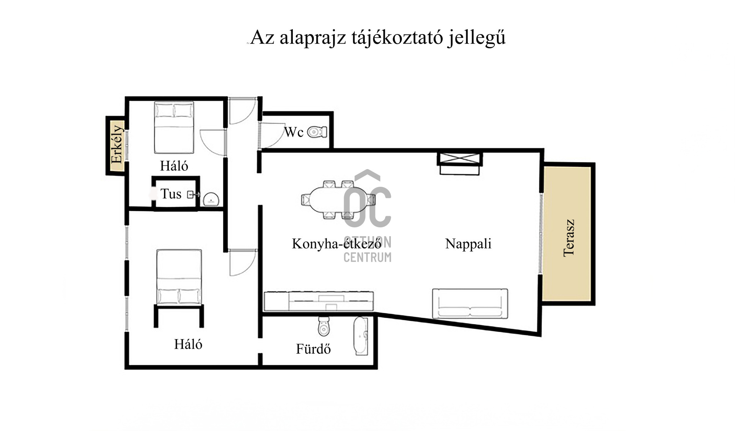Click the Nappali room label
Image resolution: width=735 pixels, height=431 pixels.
pos(468,244)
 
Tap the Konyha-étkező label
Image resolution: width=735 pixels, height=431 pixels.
pos(337,244)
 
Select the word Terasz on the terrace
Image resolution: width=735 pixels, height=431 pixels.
pos(569,238)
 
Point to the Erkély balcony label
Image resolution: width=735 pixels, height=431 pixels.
pos(116,144)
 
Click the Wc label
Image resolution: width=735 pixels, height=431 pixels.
pos(294,132)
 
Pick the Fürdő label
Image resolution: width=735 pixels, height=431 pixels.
pos(313,349)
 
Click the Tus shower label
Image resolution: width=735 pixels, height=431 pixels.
pos(171,194)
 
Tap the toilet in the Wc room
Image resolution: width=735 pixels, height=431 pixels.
pos(317,132)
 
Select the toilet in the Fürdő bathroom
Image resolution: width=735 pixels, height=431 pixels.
pos(324,326)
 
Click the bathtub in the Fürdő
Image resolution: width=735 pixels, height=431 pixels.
pos(361,336)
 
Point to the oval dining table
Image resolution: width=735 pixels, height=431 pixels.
pos(338,199)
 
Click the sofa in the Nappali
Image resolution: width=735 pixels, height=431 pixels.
pos(470,304)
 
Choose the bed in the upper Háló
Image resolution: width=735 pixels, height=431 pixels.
pos(174,127)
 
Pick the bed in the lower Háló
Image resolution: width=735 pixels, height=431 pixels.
pos(179,277)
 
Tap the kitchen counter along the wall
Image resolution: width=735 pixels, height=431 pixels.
pos(318,301)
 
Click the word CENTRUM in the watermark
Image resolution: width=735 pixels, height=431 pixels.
pos(367,257)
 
